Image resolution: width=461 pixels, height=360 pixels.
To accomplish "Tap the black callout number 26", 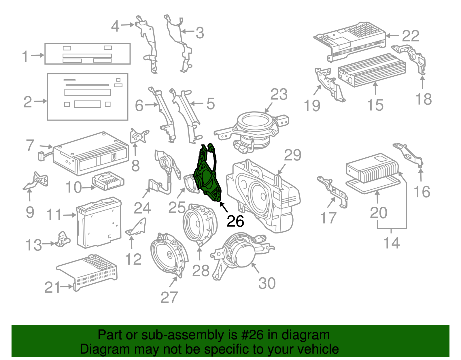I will (x=235, y=221).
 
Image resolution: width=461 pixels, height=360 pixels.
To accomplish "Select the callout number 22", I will (x=410, y=36).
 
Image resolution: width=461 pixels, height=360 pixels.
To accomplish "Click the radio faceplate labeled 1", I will (x=87, y=54).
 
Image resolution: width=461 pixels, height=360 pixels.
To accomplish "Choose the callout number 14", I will (x=392, y=243).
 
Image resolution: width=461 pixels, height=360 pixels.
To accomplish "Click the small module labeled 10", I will (x=108, y=181).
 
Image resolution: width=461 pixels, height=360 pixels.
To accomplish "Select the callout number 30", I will (x=267, y=283).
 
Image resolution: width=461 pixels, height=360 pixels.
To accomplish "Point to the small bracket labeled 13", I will (x=63, y=239).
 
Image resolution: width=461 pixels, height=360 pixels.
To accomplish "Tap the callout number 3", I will (x=200, y=33).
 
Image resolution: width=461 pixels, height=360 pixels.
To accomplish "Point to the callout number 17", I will (x=328, y=218).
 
